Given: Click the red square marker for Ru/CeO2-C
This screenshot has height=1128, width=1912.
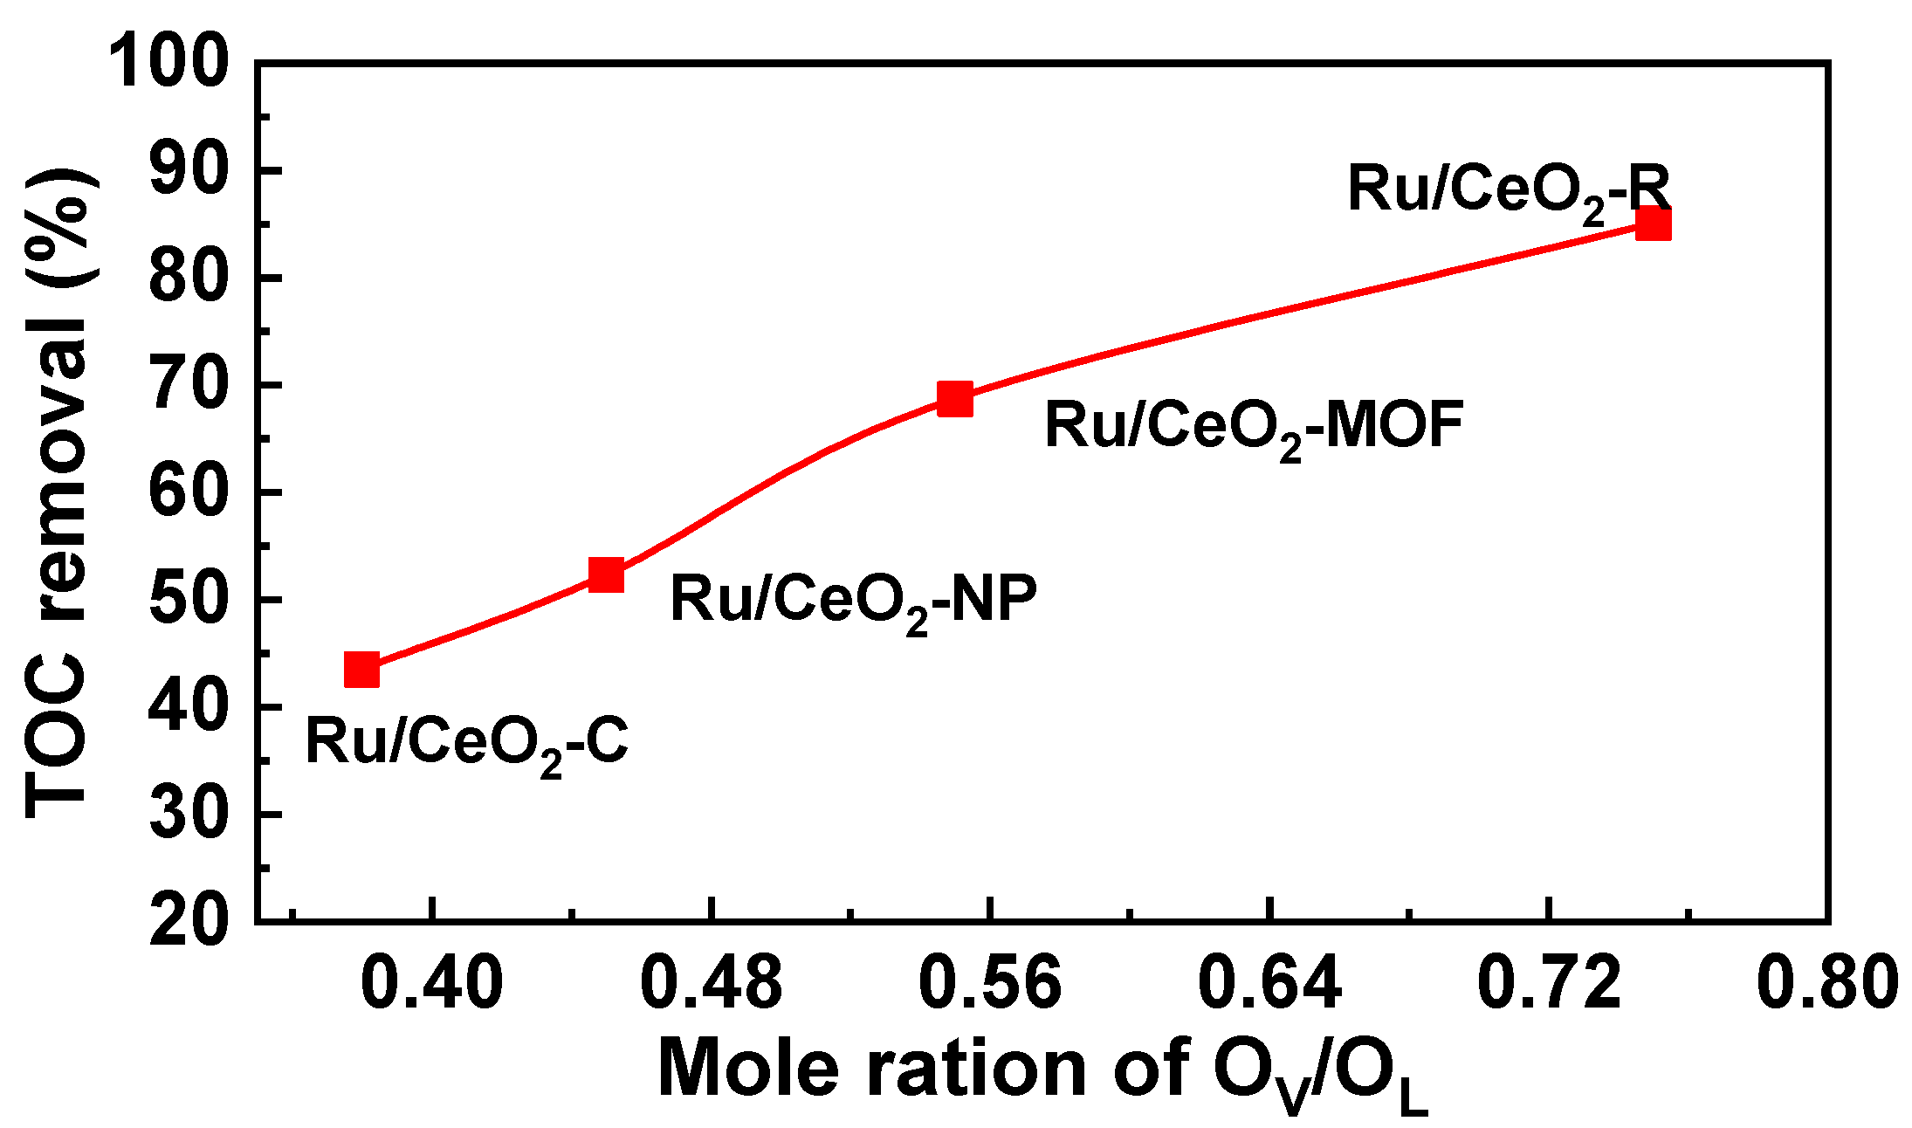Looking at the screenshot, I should point(361,671).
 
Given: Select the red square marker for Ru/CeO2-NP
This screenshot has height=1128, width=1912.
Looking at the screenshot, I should point(606,574).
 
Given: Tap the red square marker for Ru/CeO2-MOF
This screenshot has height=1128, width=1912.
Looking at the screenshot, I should point(955,398).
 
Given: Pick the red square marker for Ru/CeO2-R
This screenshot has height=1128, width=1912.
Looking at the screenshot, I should point(1653,224).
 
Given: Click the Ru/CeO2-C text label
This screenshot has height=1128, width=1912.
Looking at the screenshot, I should point(467,744).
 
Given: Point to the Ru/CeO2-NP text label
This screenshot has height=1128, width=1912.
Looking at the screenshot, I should point(853,602).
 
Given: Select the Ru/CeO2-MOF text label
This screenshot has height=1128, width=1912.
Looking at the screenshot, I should point(1254,428).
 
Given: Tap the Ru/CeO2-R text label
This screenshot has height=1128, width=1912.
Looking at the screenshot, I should point(1508,191).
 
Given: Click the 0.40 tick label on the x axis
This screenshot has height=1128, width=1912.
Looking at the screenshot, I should point(432,982).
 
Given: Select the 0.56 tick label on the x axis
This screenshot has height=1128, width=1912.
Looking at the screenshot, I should point(990,982).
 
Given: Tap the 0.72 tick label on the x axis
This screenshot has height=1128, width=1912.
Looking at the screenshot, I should point(1548,982).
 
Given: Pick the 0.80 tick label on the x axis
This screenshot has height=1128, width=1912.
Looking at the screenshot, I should point(1826,982).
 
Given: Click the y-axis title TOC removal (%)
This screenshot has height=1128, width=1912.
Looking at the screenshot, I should point(58,493).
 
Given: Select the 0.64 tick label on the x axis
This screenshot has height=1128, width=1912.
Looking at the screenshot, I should point(1269,982).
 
